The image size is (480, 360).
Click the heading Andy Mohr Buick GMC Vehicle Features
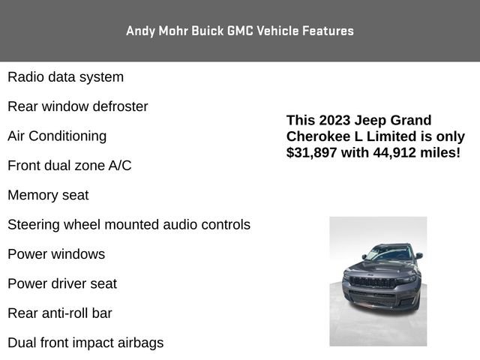coord(240,31)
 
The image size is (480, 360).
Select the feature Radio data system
coord(65,77)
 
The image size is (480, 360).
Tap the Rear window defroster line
coord(77,106)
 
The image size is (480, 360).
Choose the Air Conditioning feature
coord(57,136)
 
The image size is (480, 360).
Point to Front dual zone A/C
coord(69,166)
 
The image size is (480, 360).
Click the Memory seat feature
coord(48,195)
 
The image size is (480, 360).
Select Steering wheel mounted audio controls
coord(129,224)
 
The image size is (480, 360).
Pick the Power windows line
coord(56,254)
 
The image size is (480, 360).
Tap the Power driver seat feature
coord(62,283)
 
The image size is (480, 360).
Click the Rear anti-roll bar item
coord(60,313)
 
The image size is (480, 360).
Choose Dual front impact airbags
coord(85,343)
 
